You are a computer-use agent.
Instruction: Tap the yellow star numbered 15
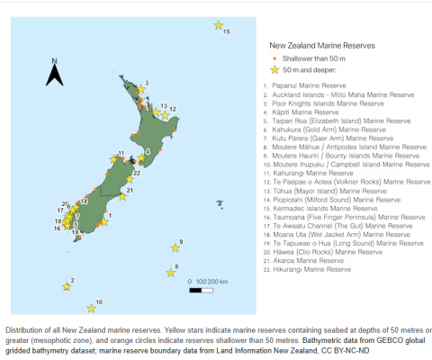click(x=218, y=25)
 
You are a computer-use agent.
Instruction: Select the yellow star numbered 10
click(x=90, y=307)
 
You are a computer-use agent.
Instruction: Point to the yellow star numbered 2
click(x=64, y=287)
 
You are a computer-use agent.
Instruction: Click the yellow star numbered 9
click(x=175, y=247)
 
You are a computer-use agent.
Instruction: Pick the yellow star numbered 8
click(x=169, y=273)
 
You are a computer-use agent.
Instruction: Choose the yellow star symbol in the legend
click(x=273, y=68)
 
